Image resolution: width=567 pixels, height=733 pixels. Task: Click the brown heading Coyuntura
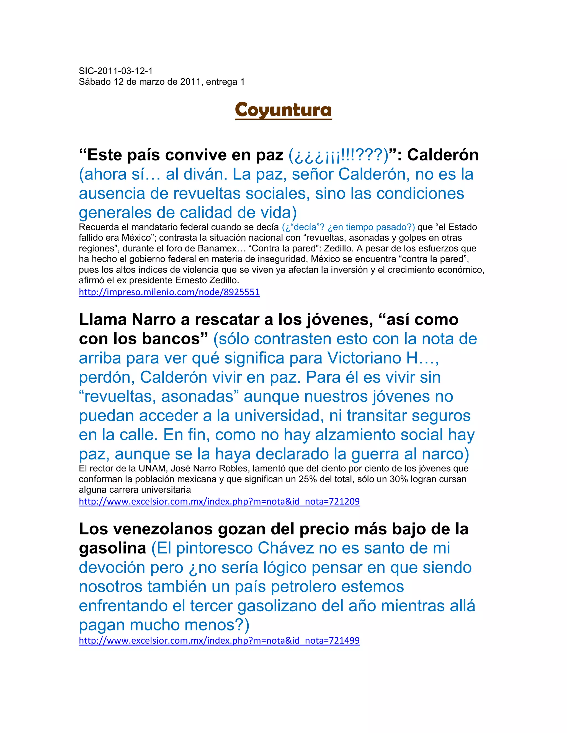283,110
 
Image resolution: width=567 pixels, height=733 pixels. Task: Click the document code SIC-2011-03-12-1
115,71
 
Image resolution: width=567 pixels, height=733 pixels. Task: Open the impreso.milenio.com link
169,292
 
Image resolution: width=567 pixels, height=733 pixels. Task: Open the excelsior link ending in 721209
219,501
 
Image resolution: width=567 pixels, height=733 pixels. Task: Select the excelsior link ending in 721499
219,640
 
